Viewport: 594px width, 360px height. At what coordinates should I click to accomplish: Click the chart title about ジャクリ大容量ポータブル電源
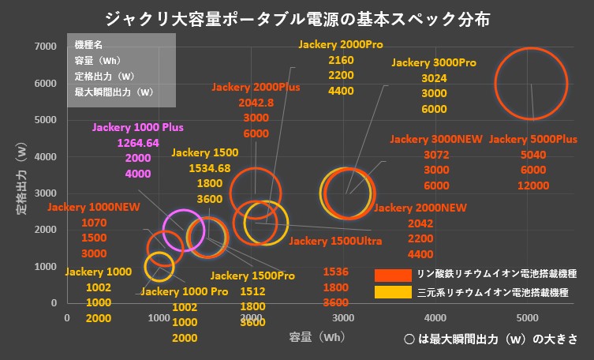click(x=297, y=18)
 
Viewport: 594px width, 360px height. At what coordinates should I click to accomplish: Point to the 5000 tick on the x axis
click(x=528, y=318)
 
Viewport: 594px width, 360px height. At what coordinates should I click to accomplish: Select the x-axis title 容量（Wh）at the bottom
click(x=316, y=336)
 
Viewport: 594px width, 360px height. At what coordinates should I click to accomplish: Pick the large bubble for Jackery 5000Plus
click(x=531, y=84)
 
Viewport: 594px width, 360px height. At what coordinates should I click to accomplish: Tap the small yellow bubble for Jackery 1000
click(x=159, y=266)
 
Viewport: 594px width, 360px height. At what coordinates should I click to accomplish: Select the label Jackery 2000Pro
click(x=340, y=44)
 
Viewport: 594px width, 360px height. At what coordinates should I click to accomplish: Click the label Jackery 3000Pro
click(x=434, y=62)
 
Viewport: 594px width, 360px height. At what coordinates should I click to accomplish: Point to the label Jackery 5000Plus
click(x=533, y=139)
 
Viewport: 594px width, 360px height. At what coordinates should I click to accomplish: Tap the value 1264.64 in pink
click(x=138, y=143)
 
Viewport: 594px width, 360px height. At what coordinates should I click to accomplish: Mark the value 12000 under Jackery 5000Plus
click(x=533, y=186)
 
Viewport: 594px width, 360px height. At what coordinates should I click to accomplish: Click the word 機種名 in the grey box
click(x=88, y=46)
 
